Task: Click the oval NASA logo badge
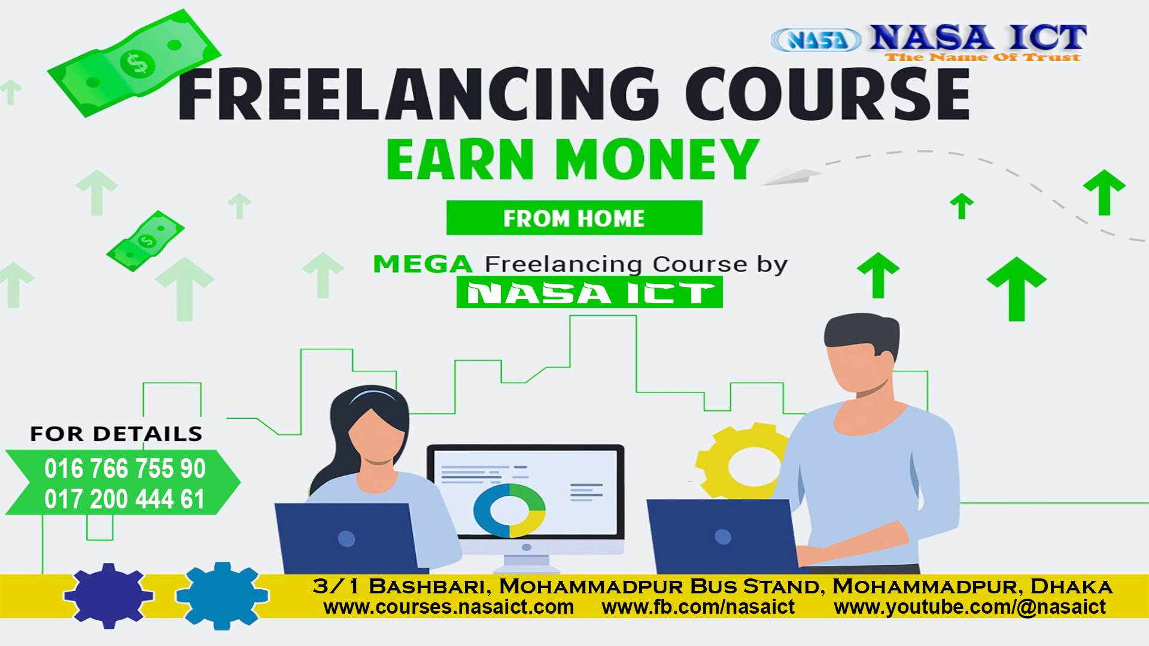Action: pyautogui.click(x=816, y=40)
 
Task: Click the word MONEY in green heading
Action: pyautogui.click(x=657, y=159)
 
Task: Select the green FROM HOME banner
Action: pyautogui.click(x=574, y=218)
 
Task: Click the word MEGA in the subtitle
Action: pyautogui.click(x=423, y=264)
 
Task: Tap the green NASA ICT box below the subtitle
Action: pyautogui.click(x=589, y=292)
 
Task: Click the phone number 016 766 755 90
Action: pyautogui.click(x=125, y=468)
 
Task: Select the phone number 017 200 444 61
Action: pyautogui.click(x=124, y=499)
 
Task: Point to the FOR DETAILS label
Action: pyautogui.click(x=116, y=434)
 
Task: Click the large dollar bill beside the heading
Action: pyautogui.click(x=134, y=63)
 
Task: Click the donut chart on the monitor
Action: pyautogui.click(x=509, y=510)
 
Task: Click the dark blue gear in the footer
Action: pyautogui.click(x=108, y=595)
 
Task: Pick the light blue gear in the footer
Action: pyautogui.click(x=222, y=596)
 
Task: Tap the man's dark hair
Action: pyautogui.click(x=862, y=335)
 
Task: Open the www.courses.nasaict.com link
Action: pyautogui.click(x=449, y=607)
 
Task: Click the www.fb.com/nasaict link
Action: pyautogui.click(x=698, y=607)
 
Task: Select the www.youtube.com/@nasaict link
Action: pyautogui.click(x=970, y=607)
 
